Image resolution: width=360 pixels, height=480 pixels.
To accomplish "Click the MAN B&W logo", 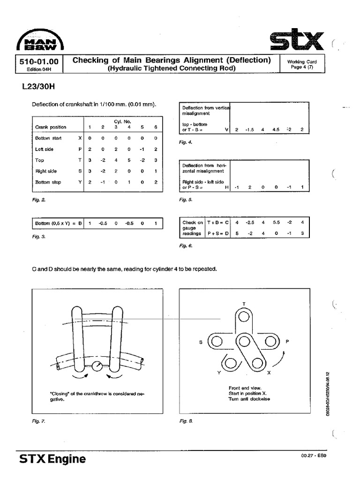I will point(40,41).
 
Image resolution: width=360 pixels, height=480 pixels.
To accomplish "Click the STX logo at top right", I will point(297,41).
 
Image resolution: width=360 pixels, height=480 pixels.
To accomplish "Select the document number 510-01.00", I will point(39,61).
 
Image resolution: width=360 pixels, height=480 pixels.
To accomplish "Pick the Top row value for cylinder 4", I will point(129,160).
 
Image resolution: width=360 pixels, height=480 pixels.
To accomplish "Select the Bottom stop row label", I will point(48,182).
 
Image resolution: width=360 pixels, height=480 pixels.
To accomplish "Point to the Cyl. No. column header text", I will point(122,121).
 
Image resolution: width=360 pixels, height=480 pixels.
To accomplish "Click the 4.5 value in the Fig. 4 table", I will point(276,129).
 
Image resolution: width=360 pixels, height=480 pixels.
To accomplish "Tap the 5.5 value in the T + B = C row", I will point(276,223).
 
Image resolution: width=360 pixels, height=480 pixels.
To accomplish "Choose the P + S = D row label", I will point(217,233).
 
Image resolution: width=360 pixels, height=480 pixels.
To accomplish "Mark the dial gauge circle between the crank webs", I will point(98,366).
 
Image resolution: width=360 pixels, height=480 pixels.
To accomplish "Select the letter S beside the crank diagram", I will point(201,342).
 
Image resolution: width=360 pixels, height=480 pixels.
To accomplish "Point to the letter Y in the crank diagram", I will point(219,373).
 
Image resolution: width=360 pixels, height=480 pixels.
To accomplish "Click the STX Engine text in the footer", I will point(52,459).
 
